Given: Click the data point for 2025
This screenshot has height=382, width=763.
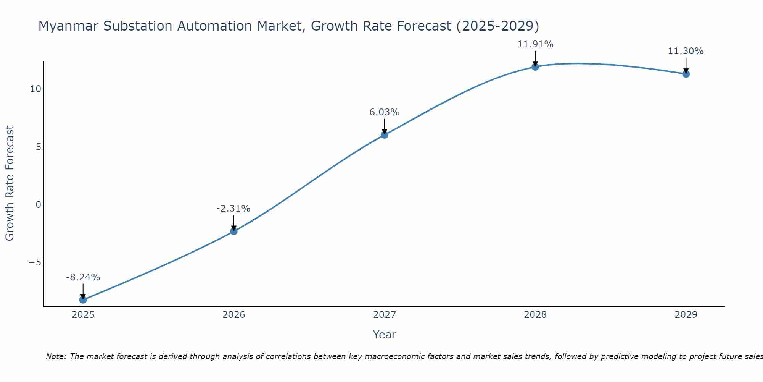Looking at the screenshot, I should click(x=83, y=299).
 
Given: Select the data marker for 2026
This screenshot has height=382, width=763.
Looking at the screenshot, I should click(x=233, y=231).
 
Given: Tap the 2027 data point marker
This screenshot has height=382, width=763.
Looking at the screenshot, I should click(x=384, y=134).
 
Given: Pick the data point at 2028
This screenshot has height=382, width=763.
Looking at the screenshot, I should click(x=535, y=67).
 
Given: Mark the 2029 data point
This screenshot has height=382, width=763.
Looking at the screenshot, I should click(x=686, y=74).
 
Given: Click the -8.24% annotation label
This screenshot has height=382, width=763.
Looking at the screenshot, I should click(x=83, y=277).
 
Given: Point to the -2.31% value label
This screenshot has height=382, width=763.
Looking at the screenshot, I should click(x=233, y=209).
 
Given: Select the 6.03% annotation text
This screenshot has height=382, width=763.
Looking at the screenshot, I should click(x=384, y=112).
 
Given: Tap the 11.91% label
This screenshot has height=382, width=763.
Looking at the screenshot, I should click(x=535, y=44).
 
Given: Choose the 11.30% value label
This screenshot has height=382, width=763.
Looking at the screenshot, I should click(x=686, y=51).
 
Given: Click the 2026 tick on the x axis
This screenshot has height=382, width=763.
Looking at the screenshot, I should click(x=233, y=315).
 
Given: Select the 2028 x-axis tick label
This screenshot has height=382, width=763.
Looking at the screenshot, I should click(x=535, y=315).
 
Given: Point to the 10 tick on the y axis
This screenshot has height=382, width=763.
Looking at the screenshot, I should click(x=35, y=89).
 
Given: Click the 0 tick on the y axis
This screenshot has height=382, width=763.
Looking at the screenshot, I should click(x=38, y=205).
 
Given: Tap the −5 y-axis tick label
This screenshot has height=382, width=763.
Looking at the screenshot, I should click(x=35, y=262).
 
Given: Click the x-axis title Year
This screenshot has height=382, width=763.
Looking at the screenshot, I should click(x=384, y=335).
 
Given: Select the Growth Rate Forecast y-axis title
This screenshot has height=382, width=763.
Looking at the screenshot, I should click(x=10, y=183).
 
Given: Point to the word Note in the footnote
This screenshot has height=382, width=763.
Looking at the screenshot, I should click(x=56, y=356).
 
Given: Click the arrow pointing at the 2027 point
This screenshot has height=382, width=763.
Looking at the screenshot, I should click(x=384, y=126).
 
